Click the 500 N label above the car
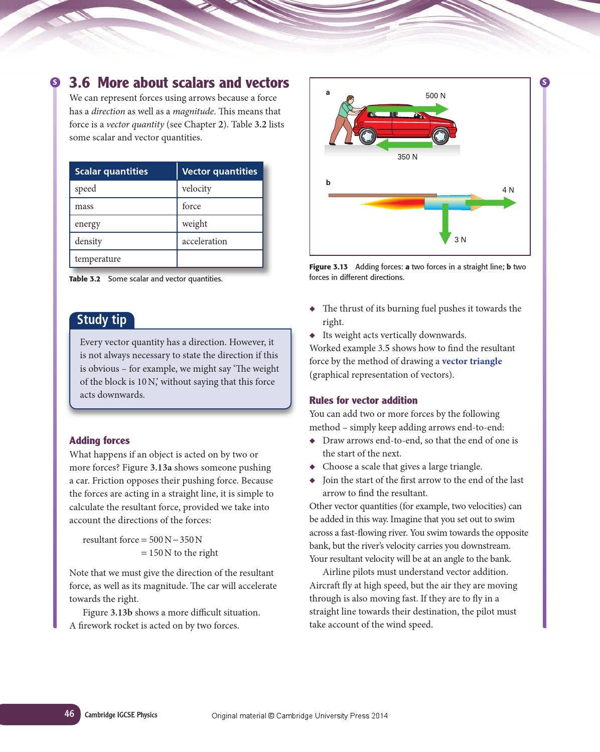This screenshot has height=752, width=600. click(x=435, y=96)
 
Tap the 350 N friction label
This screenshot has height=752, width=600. click(x=407, y=157)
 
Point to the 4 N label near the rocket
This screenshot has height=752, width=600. click(x=508, y=190)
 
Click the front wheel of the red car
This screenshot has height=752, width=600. click(x=440, y=136)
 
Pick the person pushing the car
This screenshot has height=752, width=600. click(x=343, y=120)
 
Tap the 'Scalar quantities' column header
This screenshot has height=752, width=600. click(x=111, y=172)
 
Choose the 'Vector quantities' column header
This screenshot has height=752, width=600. click(x=219, y=172)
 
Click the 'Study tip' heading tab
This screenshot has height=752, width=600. click(x=102, y=320)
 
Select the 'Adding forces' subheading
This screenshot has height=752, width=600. click(x=99, y=440)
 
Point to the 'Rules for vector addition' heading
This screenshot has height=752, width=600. click(x=363, y=400)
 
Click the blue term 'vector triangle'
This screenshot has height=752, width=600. click(x=472, y=361)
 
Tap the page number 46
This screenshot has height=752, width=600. click(x=69, y=714)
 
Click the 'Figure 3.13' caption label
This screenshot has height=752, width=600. click(x=328, y=267)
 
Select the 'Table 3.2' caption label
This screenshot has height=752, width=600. click(x=85, y=279)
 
